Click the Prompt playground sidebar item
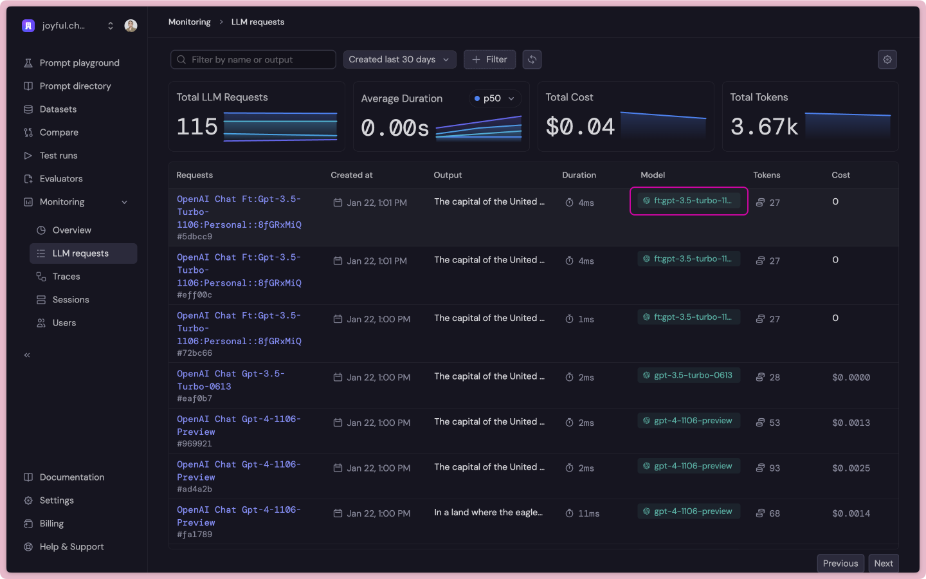point(79,63)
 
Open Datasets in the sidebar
point(58,109)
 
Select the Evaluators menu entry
point(61,179)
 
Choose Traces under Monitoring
point(66,277)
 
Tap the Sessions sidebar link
point(71,300)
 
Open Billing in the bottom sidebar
point(51,524)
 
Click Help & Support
point(71,547)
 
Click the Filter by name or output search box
point(253,60)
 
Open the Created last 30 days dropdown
point(399,60)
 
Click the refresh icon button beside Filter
point(532,60)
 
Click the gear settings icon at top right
point(887,60)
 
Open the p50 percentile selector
point(494,98)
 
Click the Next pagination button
point(883,563)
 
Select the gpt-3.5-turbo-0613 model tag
point(689,376)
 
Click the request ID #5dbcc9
point(195,237)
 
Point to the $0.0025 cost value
point(851,468)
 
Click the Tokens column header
point(767,175)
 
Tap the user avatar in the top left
point(131,26)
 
